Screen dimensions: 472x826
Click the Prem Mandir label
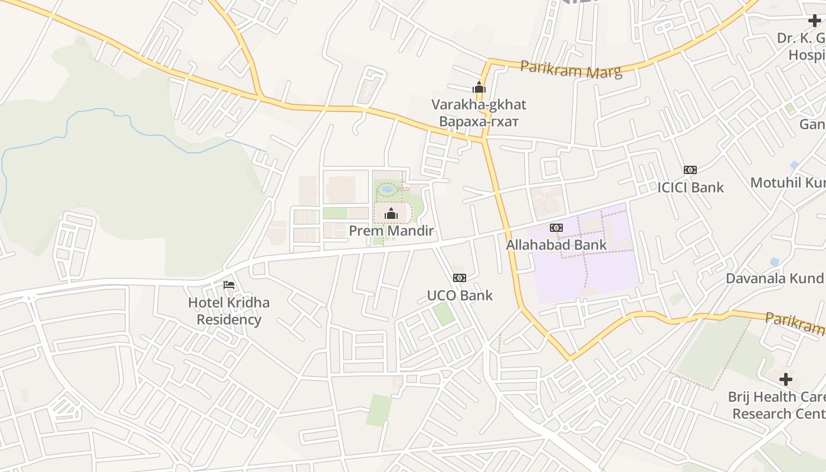391,231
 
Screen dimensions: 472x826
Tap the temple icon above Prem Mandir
391,214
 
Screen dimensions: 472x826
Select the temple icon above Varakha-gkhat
478,88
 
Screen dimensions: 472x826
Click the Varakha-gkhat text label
478,104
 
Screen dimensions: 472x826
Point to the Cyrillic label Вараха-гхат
478,122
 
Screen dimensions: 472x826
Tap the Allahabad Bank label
556,245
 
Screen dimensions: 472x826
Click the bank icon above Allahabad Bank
556,228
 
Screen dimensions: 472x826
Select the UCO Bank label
459,295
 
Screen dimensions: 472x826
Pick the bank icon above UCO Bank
459,278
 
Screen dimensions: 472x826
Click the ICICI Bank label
690,188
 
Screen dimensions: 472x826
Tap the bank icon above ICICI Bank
690,170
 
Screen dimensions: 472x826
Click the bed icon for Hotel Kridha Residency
229,285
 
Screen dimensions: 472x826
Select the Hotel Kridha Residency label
229,311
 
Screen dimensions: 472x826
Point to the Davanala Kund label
774,278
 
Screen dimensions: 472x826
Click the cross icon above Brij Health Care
785,379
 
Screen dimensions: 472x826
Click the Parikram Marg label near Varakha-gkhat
571,70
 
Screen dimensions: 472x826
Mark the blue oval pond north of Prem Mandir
388,189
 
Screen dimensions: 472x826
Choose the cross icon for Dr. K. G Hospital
814,21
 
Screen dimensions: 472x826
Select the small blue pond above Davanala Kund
775,261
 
